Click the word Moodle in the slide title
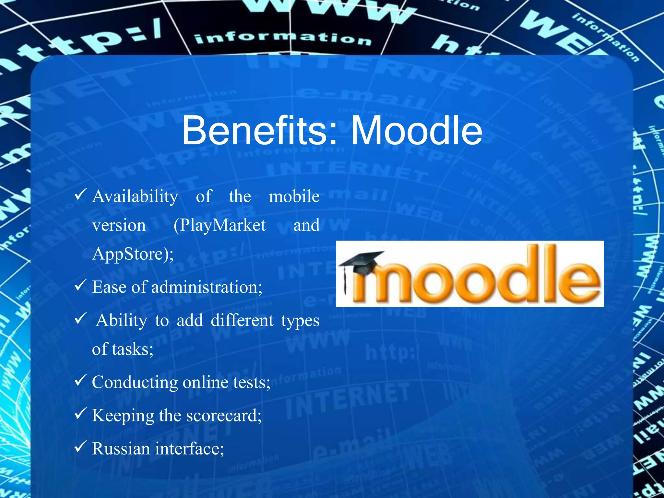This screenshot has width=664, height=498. click(x=416, y=131)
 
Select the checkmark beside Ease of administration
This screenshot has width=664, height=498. click(x=80, y=285)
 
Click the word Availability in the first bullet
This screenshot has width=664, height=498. click(x=135, y=196)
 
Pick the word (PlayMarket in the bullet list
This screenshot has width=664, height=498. click(x=219, y=225)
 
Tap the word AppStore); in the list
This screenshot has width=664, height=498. click(x=133, y=254)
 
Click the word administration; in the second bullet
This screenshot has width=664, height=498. click(x=207, y=287)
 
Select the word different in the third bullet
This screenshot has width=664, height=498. click(x=242, y=321)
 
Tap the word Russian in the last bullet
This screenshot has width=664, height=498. click(x=121, y=449)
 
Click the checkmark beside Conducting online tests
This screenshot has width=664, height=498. click(x=80, y=380)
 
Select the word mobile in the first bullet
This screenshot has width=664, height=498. click(x=294, y=196)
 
